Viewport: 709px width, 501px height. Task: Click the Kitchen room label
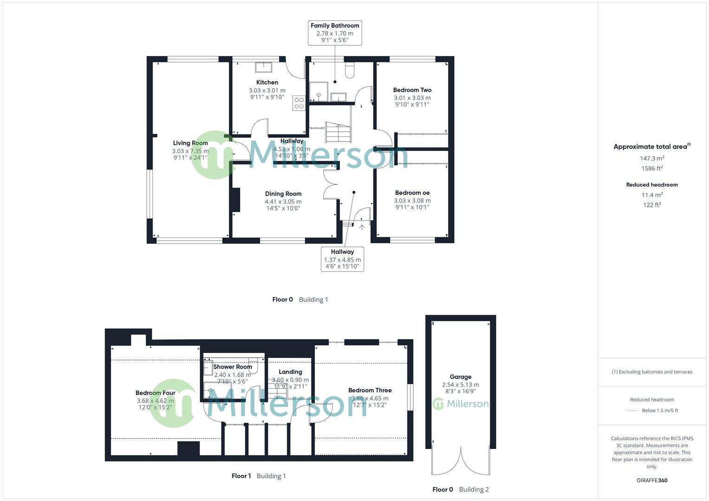pyautogui.click(x=267, y=83)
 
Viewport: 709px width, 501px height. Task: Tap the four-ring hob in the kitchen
pyautogui.click(x=299, y=103)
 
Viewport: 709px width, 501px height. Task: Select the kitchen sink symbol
pyautogui.click(x=264, y=67)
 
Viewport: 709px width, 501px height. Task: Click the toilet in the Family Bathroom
pyautogui.click(x=350, y=70)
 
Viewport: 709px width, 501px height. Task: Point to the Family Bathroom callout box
pyautogui.click(x=334, y=32)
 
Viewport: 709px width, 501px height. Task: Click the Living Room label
pyautogui.click(x=190, y=143)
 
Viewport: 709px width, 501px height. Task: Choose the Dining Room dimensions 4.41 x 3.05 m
pyautogui.click(x=283, y=202)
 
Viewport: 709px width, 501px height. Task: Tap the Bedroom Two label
pyautogui.click(x=412, y=90)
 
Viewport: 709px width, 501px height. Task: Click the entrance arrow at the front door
pyautogui.click(x=362, y=227)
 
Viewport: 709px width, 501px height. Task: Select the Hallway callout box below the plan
pyautogui.click(x=342, y=259)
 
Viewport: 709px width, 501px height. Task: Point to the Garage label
pyautogui.click(x=460, y=377)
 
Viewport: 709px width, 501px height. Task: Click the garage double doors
pyautogui.click(x=461, y=462)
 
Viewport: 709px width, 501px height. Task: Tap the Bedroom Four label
pyautogui.click(x=155, y=393)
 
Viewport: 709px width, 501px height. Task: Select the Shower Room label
pyautogui.click(x=233, y=367)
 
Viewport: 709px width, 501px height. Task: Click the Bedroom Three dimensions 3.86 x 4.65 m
pyautogui.click(x=370, y=398)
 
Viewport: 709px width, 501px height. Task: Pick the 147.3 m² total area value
pyautogui.click(x=652, y=159)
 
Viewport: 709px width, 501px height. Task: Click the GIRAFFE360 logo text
pyautogui.click(x=652, y=481)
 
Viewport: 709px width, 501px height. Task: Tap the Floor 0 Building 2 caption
pyautogui.click(x=460, y=489)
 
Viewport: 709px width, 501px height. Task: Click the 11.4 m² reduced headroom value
pyautogui.click(x=652, y=195)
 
